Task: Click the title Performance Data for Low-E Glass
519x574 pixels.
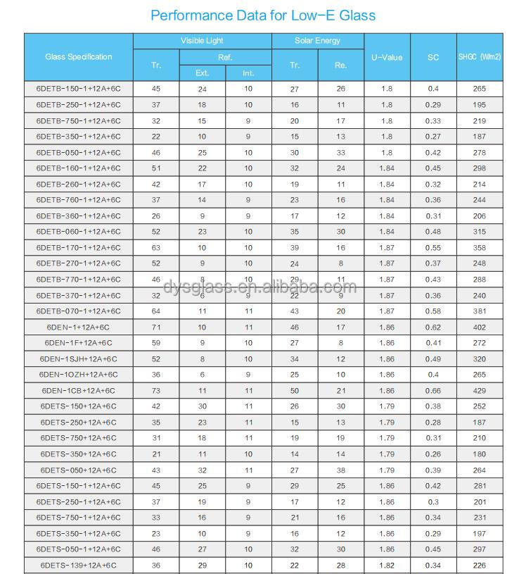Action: tap(263, 15)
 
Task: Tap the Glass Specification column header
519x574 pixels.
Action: tap(78, 57)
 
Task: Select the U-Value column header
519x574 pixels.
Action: tap(387, 57)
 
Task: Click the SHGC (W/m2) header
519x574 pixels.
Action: tap(480, 57)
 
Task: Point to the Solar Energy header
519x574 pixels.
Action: tap(317, 41)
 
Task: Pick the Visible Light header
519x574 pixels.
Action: tap(202, 41)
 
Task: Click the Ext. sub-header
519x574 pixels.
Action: tap(202, 73)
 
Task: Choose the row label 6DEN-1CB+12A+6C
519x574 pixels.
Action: tap(78, 391)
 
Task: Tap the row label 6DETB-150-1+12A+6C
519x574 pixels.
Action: tap(78, 89)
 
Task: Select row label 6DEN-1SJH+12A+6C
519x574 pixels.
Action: tap(78, 359)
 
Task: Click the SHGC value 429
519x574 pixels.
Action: tap(480, 391)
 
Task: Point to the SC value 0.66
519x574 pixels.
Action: tap(433, 391)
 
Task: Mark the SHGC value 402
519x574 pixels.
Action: tap(480, 327)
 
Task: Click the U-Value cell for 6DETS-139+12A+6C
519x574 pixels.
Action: tap(387, 566)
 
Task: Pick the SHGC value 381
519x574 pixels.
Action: tap(480, 311)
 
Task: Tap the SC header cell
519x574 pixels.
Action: tap(433, 57)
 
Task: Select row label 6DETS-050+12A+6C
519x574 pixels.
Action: tap(78, 470)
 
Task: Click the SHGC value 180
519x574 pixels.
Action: tap(480, 454)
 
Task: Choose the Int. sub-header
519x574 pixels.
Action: tap(248, 73)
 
